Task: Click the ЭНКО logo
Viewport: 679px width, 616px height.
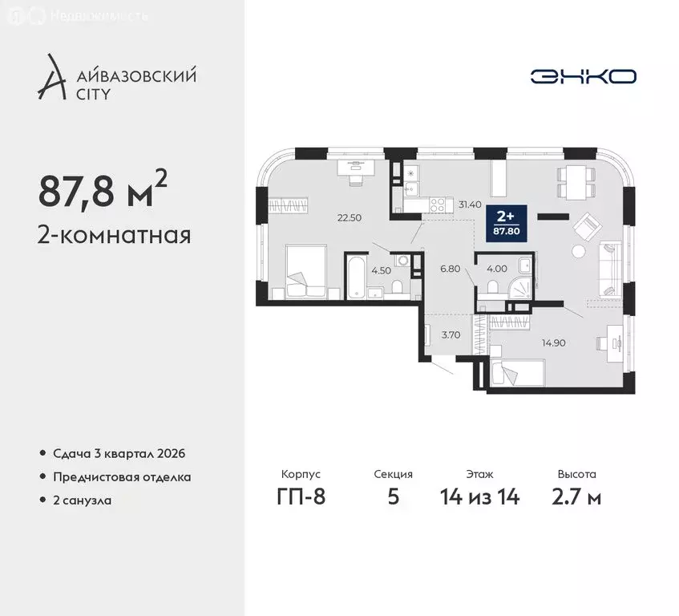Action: pos(583,76)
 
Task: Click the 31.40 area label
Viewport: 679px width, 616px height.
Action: pos(469,205)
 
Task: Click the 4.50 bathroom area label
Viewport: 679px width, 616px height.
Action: pos(378,270)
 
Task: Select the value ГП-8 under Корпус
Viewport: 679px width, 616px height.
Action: pos(298,497)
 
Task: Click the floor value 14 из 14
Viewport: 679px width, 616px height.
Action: pos(480,497)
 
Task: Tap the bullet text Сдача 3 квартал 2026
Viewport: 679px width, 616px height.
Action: pos(116,453)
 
